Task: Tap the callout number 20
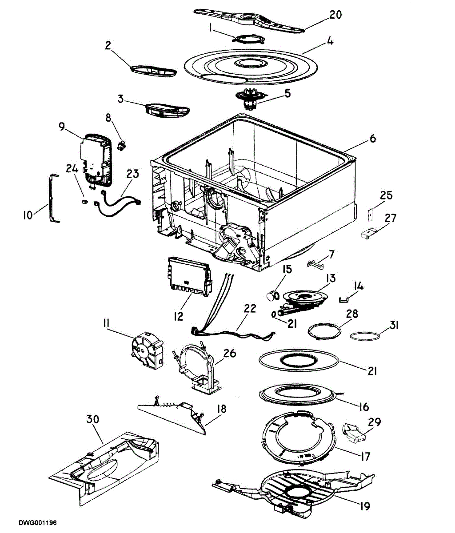(335, 15)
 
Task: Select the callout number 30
(92, 419)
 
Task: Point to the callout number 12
(179, 316)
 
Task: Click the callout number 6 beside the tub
(373, 139)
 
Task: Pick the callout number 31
(394, 326)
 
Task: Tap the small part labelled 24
(84, 201)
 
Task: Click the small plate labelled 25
(371, 214)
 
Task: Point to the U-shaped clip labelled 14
(343, 299)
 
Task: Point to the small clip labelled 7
(315, 264)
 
